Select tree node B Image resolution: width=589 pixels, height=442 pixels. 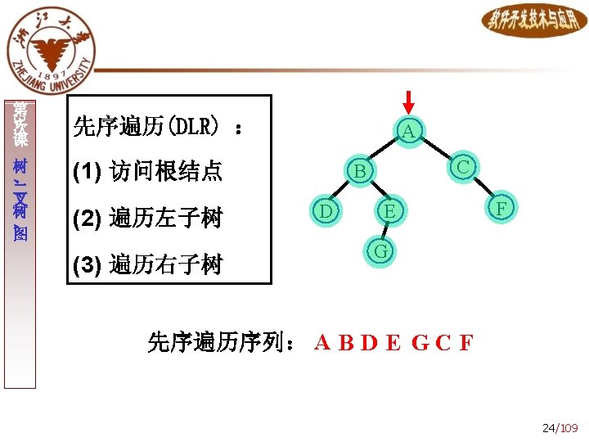(x=358, y=171)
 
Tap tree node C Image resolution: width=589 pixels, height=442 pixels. (x=463, y=167)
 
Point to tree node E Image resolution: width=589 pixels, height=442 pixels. (x=390, y=212)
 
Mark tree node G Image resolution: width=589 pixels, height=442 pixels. (x=380, y=250)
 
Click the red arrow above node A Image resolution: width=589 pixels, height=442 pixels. (x=410, y=102)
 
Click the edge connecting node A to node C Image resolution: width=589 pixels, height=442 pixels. (x=436, y=150)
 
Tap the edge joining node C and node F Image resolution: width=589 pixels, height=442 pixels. (x=483, y=188)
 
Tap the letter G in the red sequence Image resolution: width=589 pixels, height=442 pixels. (x=419, y=343)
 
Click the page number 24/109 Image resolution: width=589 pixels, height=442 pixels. (x=560, y=428)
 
